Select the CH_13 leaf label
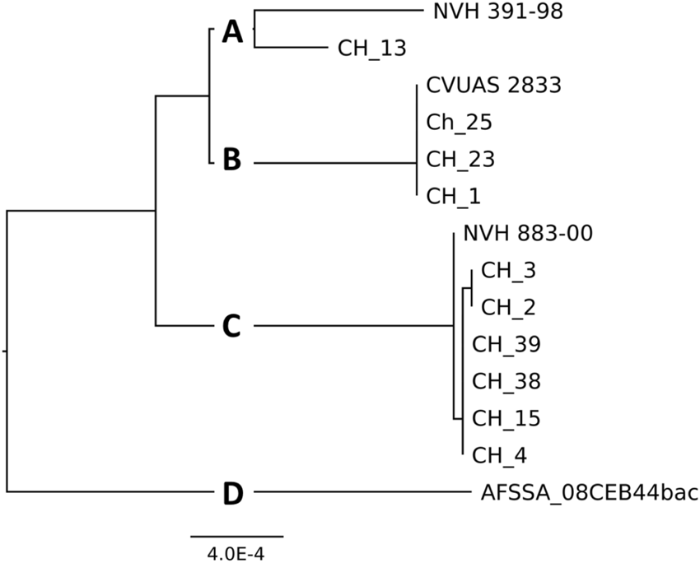371,49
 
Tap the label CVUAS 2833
493,86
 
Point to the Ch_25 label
459,123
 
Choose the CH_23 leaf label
460,159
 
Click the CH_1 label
453,196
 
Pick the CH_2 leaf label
508,307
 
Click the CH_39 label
506,344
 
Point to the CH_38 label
506,381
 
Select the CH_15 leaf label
506,418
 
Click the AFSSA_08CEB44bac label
589,493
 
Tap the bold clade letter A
233,33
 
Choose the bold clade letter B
232,161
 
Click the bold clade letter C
232,327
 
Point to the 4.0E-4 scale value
236,553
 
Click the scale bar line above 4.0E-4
237,537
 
